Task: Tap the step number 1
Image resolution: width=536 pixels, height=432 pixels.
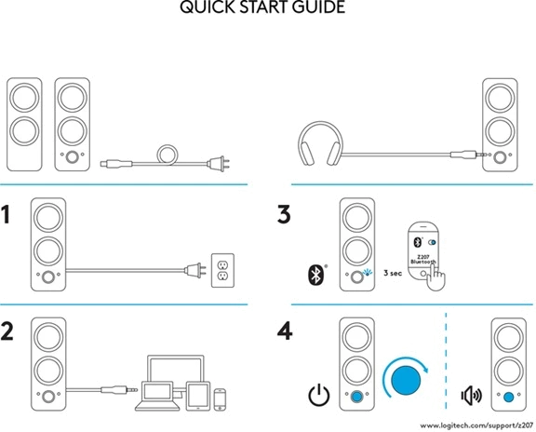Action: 6,214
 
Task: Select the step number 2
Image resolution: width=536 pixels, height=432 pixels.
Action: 7,331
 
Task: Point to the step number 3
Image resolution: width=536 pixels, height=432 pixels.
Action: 284,214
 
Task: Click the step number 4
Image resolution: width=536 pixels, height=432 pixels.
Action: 285,331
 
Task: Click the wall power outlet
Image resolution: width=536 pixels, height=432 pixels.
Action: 223,270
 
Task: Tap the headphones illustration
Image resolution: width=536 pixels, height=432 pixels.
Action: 320,143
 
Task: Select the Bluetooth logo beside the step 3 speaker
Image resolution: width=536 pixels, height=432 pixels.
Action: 316,275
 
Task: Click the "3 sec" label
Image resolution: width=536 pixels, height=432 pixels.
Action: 393,273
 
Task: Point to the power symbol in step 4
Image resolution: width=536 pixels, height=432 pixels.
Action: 319,395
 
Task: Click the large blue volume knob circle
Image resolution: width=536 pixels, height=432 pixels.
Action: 406,381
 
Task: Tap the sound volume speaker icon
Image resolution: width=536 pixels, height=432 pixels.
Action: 472,396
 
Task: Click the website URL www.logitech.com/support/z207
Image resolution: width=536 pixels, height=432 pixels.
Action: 476,425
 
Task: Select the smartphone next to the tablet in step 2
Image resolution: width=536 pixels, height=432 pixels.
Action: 220,399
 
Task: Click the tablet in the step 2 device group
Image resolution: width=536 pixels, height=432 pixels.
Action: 198,396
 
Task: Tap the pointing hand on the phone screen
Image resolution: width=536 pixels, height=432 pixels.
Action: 435,277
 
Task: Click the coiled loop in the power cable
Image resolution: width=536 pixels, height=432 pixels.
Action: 167,155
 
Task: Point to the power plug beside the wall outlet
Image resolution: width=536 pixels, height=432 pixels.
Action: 195,270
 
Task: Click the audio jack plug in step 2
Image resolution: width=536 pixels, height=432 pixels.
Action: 119,389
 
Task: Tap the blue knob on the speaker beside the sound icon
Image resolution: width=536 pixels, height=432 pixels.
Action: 509,398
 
